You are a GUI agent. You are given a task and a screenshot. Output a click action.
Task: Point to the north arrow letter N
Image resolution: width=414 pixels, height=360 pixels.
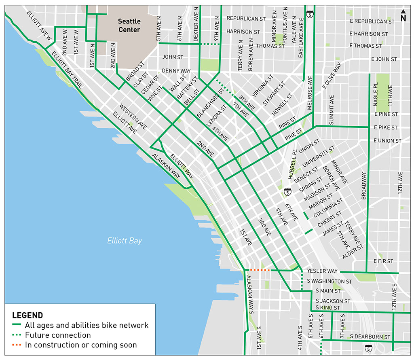[x=403, y=18]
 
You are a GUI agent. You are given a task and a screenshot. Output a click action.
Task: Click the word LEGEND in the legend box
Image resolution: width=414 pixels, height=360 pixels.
[x=27, y=315]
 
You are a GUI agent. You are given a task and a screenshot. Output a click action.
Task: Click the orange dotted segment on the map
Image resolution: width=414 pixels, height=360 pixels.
[x=260, y=270]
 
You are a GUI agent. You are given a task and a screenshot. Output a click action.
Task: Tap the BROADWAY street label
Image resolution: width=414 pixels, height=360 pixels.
[x=363, y=186]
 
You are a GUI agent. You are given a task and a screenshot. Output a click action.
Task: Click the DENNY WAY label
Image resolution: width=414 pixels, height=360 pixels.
[x=176, y=71]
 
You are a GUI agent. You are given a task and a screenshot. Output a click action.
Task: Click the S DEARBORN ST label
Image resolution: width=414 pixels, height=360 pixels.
[x=370, y=337]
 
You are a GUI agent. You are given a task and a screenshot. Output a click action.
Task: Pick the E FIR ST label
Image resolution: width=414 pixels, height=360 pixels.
[x=383, y=261]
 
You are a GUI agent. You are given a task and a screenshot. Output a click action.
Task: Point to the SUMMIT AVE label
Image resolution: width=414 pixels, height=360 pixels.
[x=332, y=110]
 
